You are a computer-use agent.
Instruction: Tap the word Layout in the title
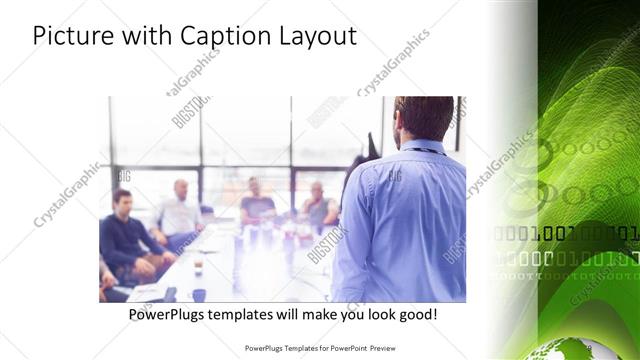pyautogui.click(x=319, y=36)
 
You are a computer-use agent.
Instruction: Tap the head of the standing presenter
pyautogui.click(x=423, y=117)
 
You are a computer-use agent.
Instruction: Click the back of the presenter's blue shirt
pyautogui.click(x=405, y=220)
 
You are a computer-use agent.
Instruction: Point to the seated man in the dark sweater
pyautogui.click(x=126, y=233)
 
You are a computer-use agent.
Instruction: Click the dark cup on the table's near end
pyautogui.click(x=199, y=295)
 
